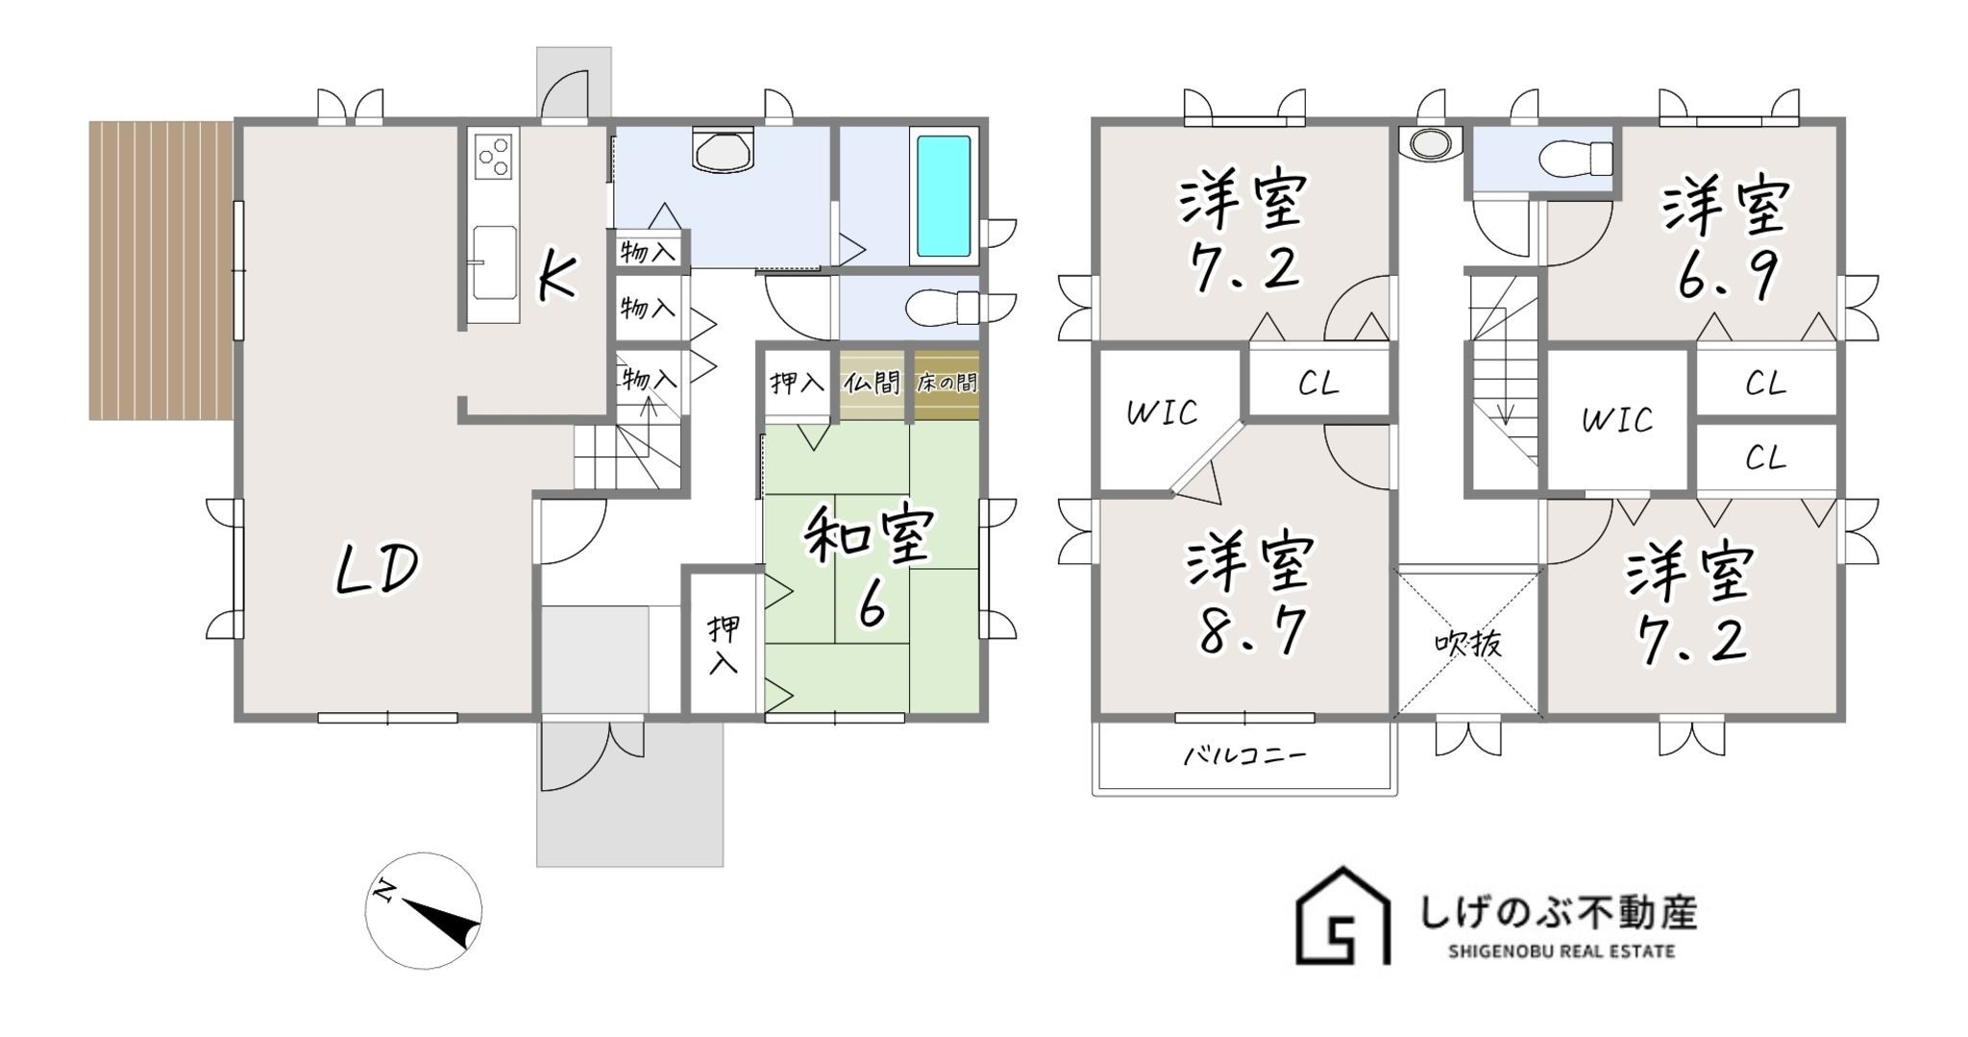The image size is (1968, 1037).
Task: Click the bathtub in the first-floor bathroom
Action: tap(944, 195)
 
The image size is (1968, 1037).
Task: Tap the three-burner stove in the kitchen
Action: tap(494, 157)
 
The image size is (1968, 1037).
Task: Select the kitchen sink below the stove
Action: tap(494, 248)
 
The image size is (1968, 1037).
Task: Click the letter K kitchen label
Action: tap(557, 280)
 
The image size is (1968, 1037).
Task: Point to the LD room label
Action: tap(376, 569)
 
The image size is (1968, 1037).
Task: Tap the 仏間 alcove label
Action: tap(873, 383)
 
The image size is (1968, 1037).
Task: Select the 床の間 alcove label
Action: tap(947, 383)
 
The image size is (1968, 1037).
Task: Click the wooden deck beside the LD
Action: tap(160, 270)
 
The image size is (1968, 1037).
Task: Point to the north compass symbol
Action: tap(424, 909)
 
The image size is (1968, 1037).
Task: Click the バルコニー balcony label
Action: tap(1243, 755)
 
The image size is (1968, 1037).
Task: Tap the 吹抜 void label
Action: tap(1468, 644)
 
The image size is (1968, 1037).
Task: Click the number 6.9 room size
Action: tap(1727, 277)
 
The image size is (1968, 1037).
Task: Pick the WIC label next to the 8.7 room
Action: tap(1162, 413)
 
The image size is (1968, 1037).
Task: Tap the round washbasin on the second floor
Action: tap(1429, 143)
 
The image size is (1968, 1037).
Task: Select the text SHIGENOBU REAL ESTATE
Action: tap(1562, 951)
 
